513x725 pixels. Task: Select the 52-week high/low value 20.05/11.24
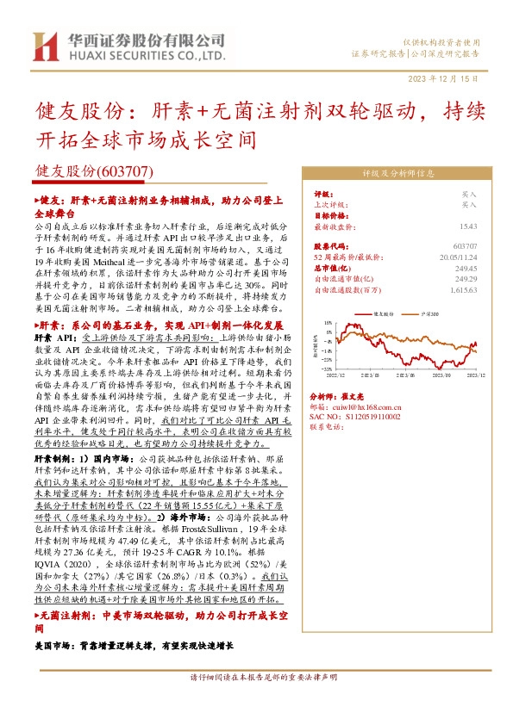[x=458, y=256]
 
